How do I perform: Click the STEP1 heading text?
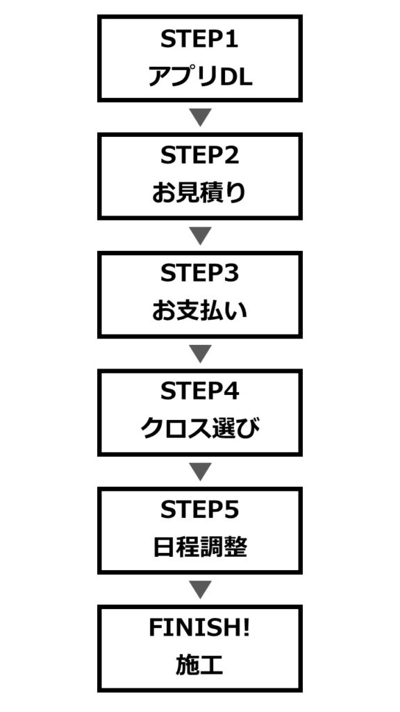tap(199, 40)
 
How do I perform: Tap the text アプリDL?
tap(200, 78)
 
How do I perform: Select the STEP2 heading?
tap(199, 156)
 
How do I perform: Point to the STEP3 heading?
tap(199, 275)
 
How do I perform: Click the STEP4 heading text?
tap(199, 393)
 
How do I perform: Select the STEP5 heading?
tap(199, 511)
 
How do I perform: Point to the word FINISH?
tap(199, 629)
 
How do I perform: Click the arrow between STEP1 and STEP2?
tap(201, 117)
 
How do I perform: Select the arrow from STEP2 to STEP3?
tap(201, 235)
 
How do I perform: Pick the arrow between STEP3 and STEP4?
tap(201, 353)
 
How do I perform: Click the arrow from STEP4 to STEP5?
tap(201, 471)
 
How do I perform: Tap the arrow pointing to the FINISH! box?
tap(201, 589)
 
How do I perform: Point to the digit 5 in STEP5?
tap(232, 511)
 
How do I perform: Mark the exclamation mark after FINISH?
tap(247, 629)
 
